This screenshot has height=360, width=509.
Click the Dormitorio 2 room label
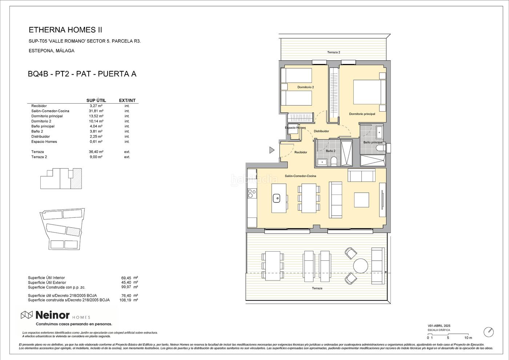pyautogui.click(x=306, y=87)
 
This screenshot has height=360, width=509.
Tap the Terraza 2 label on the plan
pyautogui.click(x=334, y=52)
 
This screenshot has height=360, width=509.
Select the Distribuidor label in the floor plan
pyautogui.click(x=321, y=131)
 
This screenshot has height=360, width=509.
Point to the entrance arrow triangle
pyautogui.click(x=272, y=150)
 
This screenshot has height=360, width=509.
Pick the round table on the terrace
pyautogui.click(x=361, y=266)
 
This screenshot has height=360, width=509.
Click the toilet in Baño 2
pyautogui.click(x=334, y=162)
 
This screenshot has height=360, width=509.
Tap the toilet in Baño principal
pyautogui.click(x=381, y=148)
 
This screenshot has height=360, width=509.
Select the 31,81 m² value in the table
pyautogui.click(x=96, y=111)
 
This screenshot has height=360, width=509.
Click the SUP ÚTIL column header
pyautogui.click(x=96, y=100)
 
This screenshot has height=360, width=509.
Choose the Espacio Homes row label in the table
pyautogui.click(x=44, y=141)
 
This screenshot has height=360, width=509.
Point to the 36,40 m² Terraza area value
pyautogui.click(x=96, y=152)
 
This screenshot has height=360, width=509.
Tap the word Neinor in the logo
pyautogui.click(x=52, y=315)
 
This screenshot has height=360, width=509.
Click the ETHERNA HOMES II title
pyautogui.click(x=65, y=30)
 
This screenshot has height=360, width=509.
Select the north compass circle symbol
pyautogui.click(x=489, y=332)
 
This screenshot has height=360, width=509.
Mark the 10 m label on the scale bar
pyautogui.click(x=468, y=338)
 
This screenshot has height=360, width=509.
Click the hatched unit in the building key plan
pyautogui.click(x=76, y=179)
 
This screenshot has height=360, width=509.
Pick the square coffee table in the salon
pyautogui.click(x=361, y=200)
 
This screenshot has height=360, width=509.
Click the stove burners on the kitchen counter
pyautogui.click(x=252, y=193)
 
